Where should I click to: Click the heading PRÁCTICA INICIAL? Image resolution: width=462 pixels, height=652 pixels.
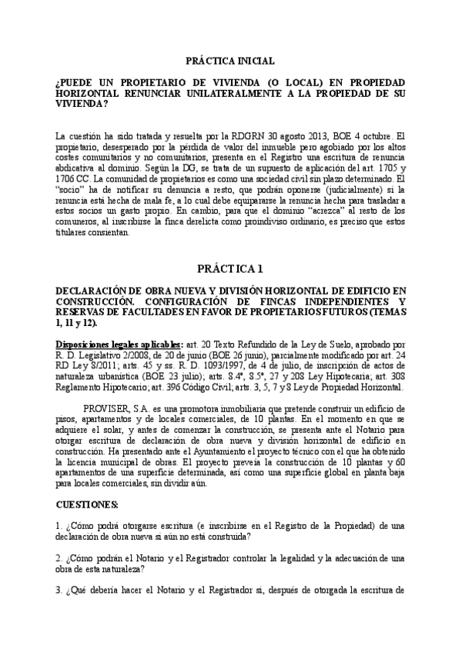pos(230,61)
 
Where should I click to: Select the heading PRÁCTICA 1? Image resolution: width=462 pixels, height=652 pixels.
pos(230,269)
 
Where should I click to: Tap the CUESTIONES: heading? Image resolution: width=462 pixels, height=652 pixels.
pos(88,504)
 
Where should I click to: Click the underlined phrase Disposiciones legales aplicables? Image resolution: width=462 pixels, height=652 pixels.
pos(121,344)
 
